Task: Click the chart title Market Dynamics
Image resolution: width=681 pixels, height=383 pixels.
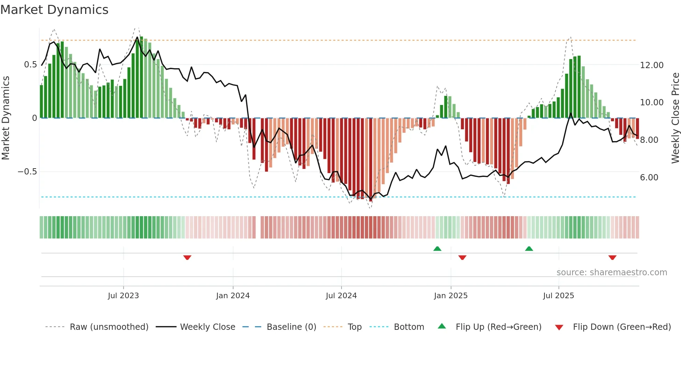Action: coord(55,10)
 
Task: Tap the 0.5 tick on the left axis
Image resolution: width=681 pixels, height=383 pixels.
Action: coord(30,65)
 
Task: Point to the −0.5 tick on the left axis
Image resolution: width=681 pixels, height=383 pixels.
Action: coord(27,172)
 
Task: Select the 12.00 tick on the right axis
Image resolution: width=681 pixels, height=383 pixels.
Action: coord(651,65)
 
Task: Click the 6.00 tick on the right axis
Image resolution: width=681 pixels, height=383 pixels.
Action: coord(649,178)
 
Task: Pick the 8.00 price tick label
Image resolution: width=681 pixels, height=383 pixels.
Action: coord(649,140)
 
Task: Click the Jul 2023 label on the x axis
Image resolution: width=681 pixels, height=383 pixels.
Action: coord(123,296)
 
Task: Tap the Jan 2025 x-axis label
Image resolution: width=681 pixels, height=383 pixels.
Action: coord(451,296)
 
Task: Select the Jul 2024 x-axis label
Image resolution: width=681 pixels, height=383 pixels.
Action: coord(341,296)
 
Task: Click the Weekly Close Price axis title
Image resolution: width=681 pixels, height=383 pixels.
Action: coord(675,118)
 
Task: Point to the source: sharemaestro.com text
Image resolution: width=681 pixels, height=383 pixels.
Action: coord(612,272)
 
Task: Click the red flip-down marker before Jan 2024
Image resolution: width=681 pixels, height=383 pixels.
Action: coord(187,258)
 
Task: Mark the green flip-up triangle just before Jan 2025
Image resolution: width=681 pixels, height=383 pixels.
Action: coord(437,248)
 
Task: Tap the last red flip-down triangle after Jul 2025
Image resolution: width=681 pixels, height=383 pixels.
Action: coord(612,258)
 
